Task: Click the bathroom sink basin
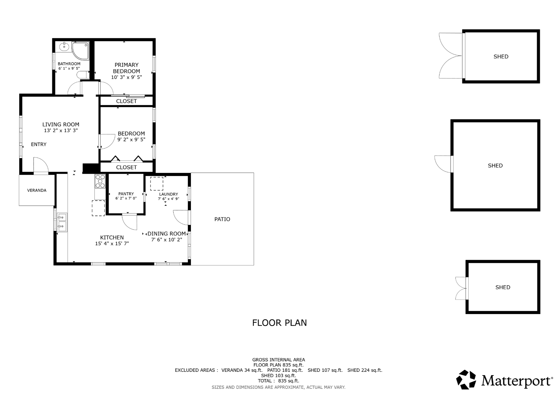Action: tap(64, 47)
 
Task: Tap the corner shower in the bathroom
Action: tap(80, 51)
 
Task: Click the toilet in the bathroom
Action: tap(82, 75)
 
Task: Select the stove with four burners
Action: tap(100, 181)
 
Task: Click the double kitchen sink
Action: tap(62, 222)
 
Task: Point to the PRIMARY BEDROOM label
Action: tap(126, 68)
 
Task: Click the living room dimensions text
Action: tap(61, 130)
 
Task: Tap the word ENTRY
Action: tap(39, 144)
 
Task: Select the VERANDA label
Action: tap(37, 191)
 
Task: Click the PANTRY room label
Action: tap(126, 194)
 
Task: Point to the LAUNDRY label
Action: tap(169, 194)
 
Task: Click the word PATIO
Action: tap(222, 219)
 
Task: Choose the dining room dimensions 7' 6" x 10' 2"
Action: tap(167, 240)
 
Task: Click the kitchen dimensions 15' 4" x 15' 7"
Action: tap(112, 244)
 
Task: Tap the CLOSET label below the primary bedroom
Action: tap(126, 101)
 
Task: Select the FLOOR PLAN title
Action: tap(279, 323)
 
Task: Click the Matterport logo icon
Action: tap(466, 380)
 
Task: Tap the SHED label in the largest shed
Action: tap(495, 166)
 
